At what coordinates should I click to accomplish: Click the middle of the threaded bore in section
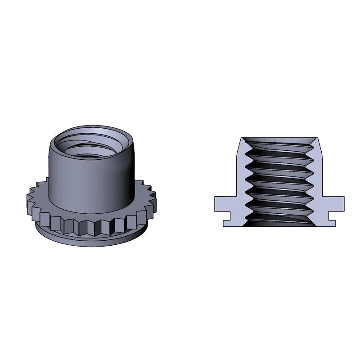pos(279,180)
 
